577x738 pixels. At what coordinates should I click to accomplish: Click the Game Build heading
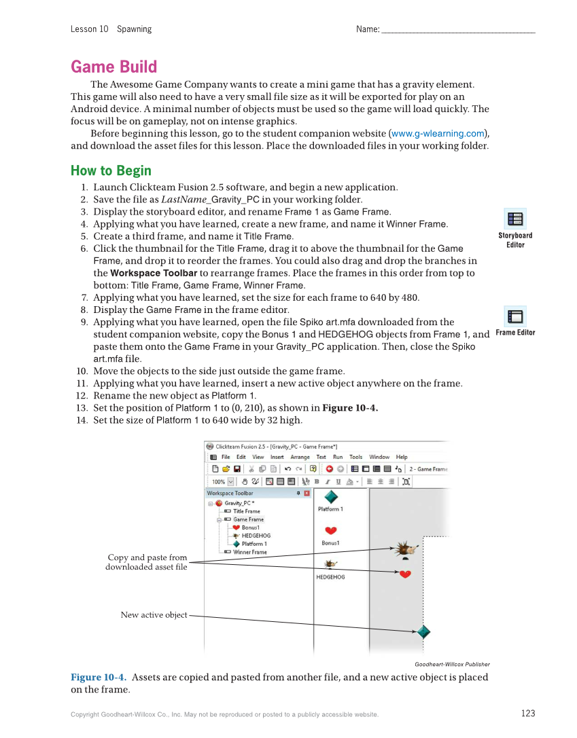pyautogui.click(x=113, y=67)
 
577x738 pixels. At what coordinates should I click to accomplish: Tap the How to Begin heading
pyautogui.click(x=111, y=170)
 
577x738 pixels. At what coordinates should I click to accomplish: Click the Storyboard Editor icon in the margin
pyautogui.click(x=515, y=219)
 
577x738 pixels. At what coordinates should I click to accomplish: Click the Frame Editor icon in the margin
pyautogui.click(x=515, y=316)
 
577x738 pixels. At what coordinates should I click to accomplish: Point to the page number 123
pyautogui.click(x=528, y=713)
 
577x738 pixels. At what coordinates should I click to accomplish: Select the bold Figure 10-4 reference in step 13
pyautogui.click(x=350, y=407)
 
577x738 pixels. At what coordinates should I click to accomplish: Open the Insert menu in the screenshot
pyautogui.click(x=277, y=457)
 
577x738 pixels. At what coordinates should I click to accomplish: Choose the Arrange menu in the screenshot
pyautogui.click(x=300, y=457)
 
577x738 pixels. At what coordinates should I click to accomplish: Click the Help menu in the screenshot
pyautogui.click(x=402, y=457)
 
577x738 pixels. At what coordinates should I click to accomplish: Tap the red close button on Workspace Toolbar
pyautogui.click(x=307, y=493)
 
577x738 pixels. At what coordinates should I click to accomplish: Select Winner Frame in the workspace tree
pyautogui.click(x=250, y=552)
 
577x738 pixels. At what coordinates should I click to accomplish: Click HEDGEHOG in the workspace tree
pyautogui.click(x=256, y=536)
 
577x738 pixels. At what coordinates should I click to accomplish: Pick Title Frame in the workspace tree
pyautogui.click(x=247, y=511)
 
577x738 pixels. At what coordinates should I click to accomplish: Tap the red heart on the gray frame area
pyautogui.click(x=405, y=574)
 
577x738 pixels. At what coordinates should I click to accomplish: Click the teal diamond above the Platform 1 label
pyautogui.click(x=330, y=497)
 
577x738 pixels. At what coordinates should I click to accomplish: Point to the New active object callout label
pyautogui.click(x=154, y=614)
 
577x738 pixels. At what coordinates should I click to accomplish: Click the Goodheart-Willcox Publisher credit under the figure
pyautogui.click(x=452, y=664)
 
